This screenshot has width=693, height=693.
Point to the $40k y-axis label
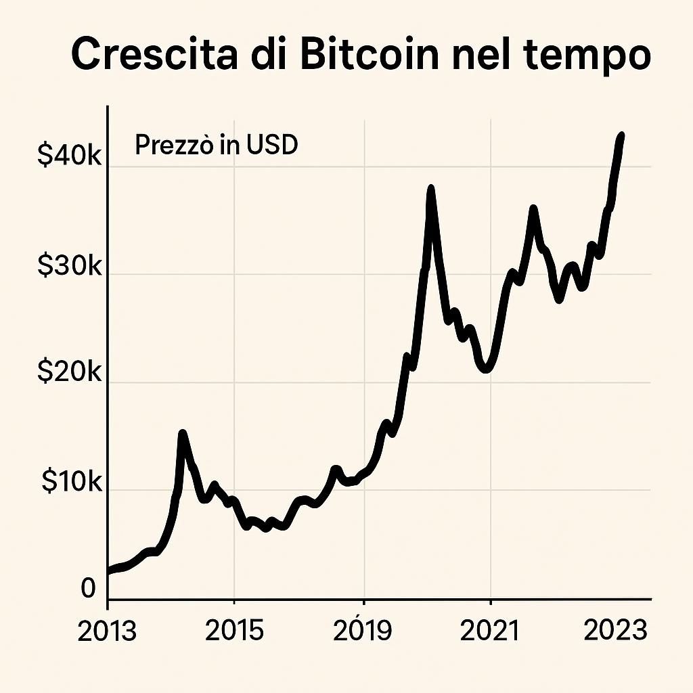coord(69,156)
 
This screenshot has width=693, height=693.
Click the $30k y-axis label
coord(69,267)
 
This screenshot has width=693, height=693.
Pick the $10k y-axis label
coord(71,481)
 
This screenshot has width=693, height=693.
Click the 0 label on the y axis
coord(89,589)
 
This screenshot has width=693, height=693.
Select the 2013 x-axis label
coord(107,631)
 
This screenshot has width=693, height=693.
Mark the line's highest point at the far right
coord(621,136)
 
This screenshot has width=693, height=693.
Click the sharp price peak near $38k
coord(430,189)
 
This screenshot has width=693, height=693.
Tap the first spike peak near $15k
coord(182,433)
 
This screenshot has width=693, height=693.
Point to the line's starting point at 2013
coord(110,571)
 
